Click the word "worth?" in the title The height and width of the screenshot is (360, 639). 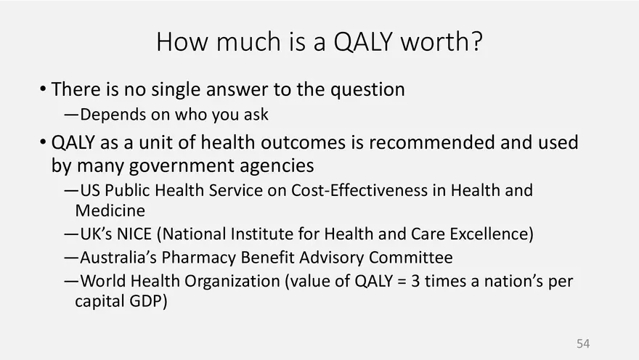(x=441, y=41)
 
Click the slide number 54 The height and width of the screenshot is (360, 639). (x=583, y=343)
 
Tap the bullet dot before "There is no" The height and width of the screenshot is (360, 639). (x=43, y=89)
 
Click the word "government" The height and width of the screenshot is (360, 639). (x=182, y=166)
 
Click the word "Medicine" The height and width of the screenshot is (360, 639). (x=110, y=210)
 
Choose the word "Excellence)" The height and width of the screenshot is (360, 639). (x=492, y=234)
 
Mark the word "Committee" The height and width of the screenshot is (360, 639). (x=411, y=258)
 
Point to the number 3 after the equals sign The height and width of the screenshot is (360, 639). (x=415, y=281)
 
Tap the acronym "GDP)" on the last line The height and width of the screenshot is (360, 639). (x=148, y=301)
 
